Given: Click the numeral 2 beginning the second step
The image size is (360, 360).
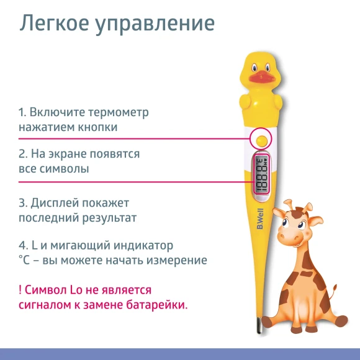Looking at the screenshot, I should point(22,153).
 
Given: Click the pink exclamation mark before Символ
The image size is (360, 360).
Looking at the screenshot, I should point(20,290).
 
